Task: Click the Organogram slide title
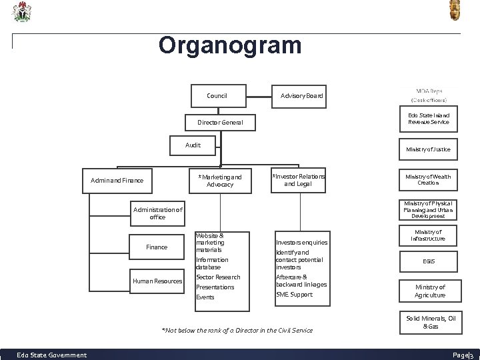click(230, 45)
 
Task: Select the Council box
click(217, 96)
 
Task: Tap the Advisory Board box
click(301, 96)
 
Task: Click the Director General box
click(220, 123)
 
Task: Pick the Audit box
click(193, 144)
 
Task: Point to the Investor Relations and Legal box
click(298, 180)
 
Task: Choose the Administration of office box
click(148, 213)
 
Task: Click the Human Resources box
click(157, 281)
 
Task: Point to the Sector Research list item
click(218, 277)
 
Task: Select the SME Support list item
click(294, 295)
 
